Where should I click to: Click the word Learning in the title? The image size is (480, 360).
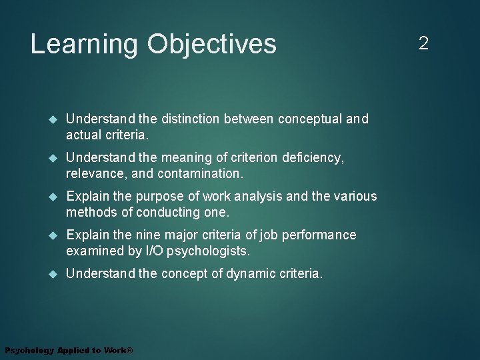pos(84,45)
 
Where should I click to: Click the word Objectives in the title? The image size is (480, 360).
pos(212,45)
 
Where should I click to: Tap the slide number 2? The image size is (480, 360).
pos(423,44)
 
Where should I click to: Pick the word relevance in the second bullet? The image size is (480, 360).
pos(94,173)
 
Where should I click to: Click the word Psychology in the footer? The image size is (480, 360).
pos(29,351)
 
